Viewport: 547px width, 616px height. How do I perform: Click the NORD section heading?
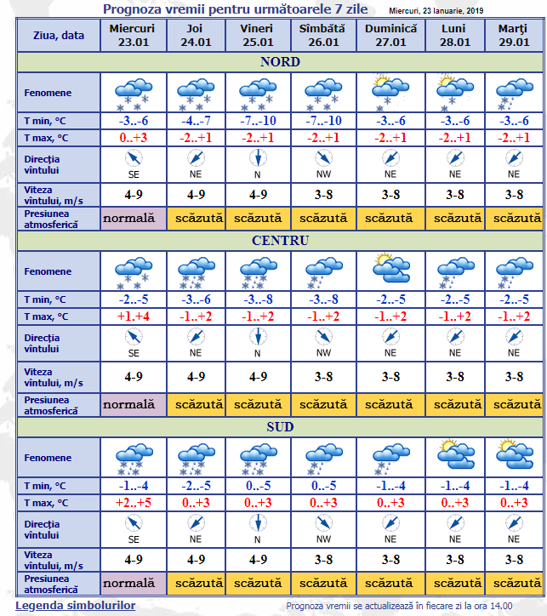coord(280,61)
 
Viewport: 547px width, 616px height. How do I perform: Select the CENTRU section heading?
coord(280,240)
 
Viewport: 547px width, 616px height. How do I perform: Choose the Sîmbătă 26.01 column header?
coord(323,35)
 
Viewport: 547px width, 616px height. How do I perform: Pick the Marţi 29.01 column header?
coord(513,35)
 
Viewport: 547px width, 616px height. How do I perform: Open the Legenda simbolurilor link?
coord(75,605)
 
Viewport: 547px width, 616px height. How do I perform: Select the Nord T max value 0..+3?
coord(133,138)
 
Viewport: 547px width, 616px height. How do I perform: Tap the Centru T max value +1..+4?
coord(133,317)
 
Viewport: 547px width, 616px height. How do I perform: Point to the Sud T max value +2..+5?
coord(133,503)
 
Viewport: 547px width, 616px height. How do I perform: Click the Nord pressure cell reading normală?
coord(133,218)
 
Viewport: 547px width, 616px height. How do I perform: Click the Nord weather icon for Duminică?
coord(390,90)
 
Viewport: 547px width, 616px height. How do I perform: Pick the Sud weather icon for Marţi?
coord(513,454)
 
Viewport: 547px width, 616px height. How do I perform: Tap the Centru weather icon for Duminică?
coord(390,270)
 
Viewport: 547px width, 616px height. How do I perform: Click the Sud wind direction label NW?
coord(323,539)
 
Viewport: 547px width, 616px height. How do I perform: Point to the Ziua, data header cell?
coord(58,36)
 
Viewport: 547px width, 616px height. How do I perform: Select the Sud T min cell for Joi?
coord(196,486)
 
